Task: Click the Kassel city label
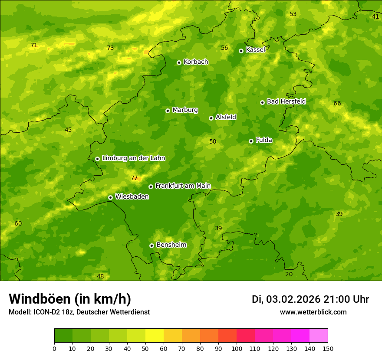(x=255, y=50)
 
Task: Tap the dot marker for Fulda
(x=251, y=141)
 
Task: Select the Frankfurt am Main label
(x=183, y=186)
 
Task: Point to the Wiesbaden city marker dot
(x=110, y=197)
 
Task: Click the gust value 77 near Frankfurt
(x=134, y=178)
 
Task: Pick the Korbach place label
(x=196, y=62)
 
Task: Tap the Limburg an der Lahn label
(x=133, y=158)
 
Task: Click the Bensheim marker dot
(x=151, y=245)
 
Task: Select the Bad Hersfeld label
(x=286, y=101)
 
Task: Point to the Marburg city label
(x=185, y=110)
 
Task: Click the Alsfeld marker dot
(x=211, y=118)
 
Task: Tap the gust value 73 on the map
(x=110, y=48)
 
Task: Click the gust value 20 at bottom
(x=289, y=274)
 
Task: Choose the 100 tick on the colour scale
(x=237, y=348)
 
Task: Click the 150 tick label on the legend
(x=328, y=348)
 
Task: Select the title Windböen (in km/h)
(x=70, y=299)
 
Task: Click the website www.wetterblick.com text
(x=313, y=312)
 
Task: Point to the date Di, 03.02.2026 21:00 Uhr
(x=310, y=299)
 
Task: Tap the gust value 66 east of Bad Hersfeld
(x=337, y=103)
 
